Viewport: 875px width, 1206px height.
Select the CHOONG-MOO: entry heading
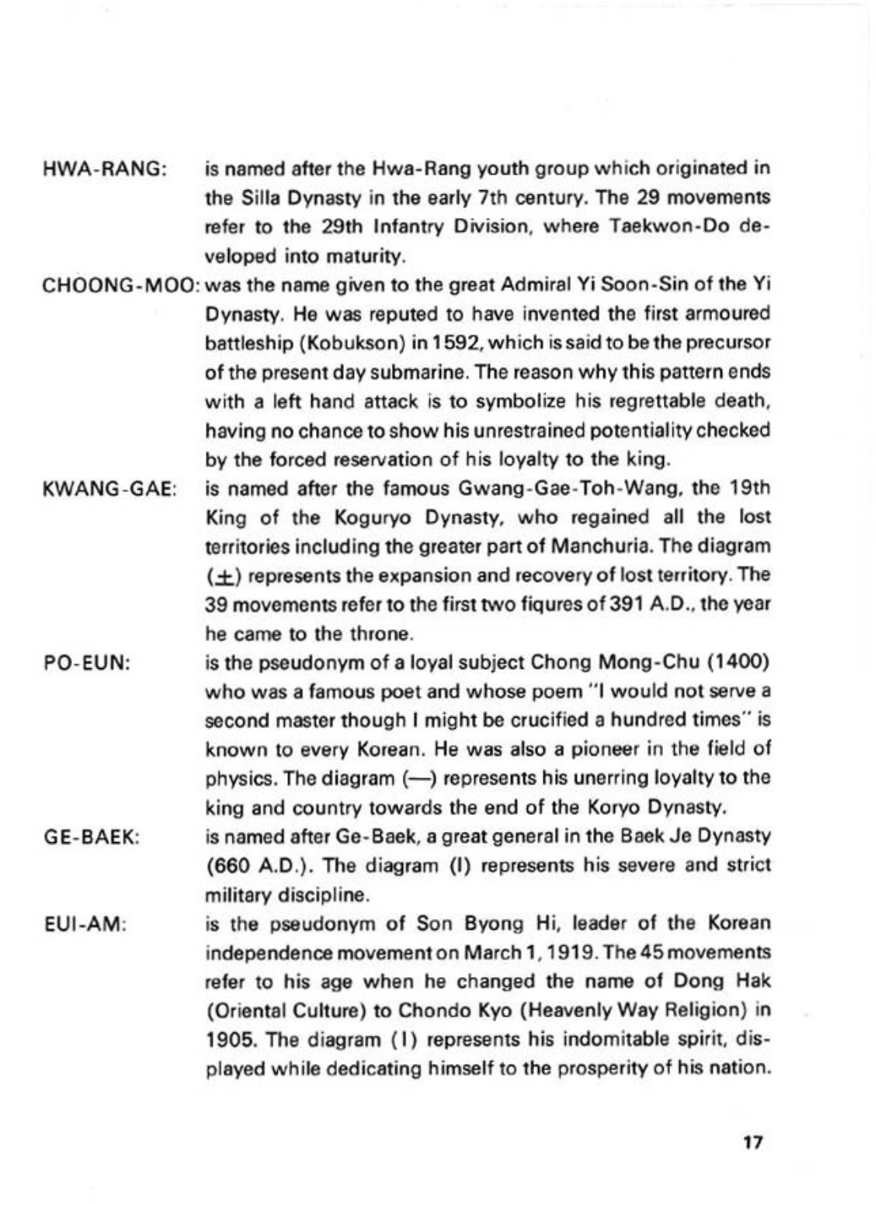click(x=121, y=285)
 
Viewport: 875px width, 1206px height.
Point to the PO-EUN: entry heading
click(x=86, y=663)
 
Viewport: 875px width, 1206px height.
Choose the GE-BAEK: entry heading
click(x=91, y=837)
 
